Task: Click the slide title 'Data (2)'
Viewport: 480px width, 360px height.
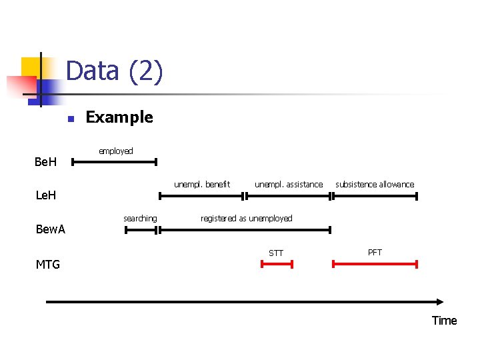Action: click(x=114, y=71)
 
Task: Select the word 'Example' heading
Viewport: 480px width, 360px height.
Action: click(x=119, y=117)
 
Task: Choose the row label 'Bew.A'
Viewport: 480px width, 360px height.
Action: click(x=50, y=230)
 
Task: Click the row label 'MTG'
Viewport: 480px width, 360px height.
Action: click(x=47, y=265)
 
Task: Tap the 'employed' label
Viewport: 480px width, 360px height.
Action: click(x=116, y=151)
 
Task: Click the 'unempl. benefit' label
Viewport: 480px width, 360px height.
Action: click(x=202, y=184)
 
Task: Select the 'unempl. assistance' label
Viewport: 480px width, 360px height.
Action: click(x=289, y=184)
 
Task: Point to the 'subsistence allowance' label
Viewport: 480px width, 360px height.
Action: click(x=375, y=184)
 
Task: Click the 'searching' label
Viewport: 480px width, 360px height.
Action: click(x=140, y=218)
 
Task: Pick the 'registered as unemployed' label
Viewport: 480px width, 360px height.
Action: click(x=246, y=218)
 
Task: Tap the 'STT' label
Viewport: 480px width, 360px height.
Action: click(x=276, y=253)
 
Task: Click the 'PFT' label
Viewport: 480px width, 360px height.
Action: click(x=375, y=252)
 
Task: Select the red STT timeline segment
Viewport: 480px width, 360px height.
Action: click(x=277, y=265)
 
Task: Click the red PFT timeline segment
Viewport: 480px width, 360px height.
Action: click(x=375, y=265)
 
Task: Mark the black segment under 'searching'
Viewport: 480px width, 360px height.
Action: click(x=141, y=230)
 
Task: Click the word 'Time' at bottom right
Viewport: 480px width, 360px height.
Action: click(x=444, y=321)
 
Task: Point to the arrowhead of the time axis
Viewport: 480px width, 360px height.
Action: click(x=441, y=302)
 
